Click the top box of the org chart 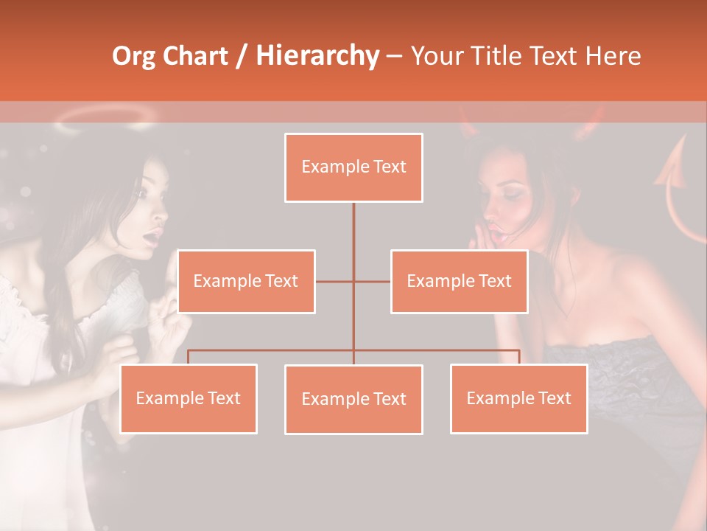pyautogui.click(x=353, y=167)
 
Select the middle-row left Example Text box pyautogui.click(x=246, y=281)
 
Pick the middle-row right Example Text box pyautogui.click(x=459, y=281)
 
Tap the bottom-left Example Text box pyautogui.click(x=188, y=398)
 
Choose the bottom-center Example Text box pyautogui.click(x=353, y=399)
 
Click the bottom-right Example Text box pyautogui.click(x=518, y=398)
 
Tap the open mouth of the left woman pyautogui.click(x=152, y=237)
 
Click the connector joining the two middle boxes pyautogui.click(x=353, y=281)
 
